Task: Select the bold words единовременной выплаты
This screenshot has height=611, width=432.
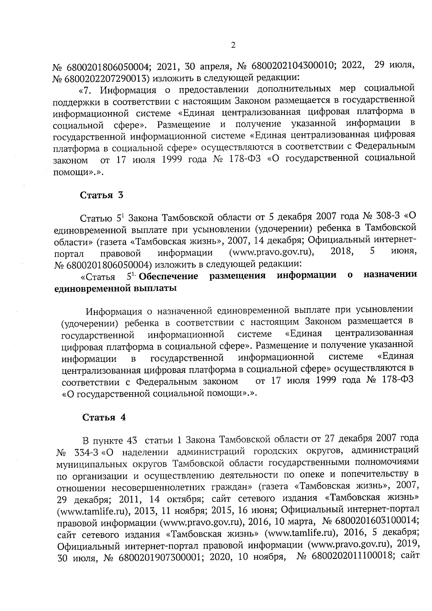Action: tap(115, 288)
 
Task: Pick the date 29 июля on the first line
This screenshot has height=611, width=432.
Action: tap(395, 66)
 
